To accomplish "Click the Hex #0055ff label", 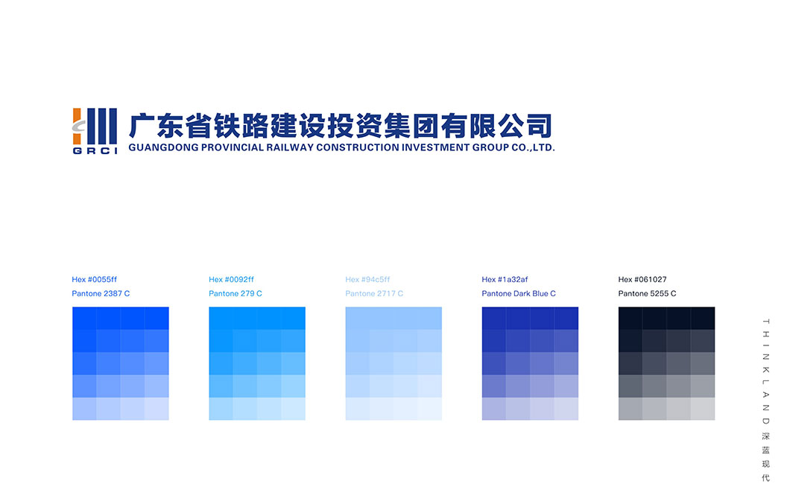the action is pos(95,279).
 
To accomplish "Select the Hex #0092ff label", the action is pos(231,279).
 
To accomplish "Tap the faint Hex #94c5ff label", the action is pos(367,279).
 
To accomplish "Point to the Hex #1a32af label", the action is pos(505,279).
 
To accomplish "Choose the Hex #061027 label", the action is pos(642,279).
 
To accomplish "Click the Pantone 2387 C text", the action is pos(101,293).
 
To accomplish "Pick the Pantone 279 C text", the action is pos(236,293).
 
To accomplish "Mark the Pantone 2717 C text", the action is pos(374,293).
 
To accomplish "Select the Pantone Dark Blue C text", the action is pos(519,293).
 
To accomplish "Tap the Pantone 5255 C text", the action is pos(648,293).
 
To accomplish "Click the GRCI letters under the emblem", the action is pos(95,150).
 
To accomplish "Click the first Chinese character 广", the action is pos(141,126).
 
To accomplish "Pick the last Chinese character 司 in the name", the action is pos(540,126).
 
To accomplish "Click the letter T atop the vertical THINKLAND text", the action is pos(766,321).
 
